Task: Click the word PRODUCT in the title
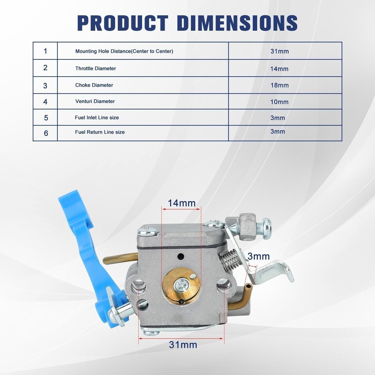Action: point(123,23)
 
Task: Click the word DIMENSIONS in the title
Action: point(238,23)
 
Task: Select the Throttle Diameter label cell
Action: point(95,68)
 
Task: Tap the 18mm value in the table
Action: point(279,86)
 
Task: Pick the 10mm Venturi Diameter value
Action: point(279,102)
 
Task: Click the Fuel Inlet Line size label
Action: point(97,118)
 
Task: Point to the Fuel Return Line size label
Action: point(100,132)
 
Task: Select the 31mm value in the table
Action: point(279,51)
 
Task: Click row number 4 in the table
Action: point(45,102)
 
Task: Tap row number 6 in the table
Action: point(46,133)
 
